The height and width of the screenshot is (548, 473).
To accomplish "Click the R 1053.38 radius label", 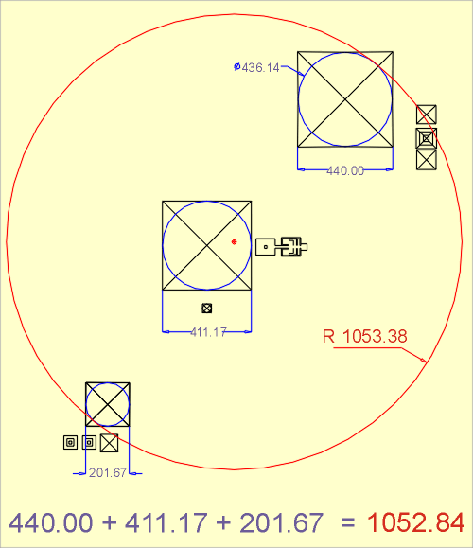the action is point(365,336).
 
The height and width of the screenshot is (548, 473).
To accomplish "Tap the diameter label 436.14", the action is point(260,67).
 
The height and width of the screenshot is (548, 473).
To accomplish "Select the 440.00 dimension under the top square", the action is point(345,171).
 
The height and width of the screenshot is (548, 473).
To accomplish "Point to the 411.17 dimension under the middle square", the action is point(208,332).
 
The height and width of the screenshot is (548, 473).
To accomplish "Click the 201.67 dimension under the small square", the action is point(107,473).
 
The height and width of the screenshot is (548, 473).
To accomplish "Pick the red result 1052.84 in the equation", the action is point(415,522).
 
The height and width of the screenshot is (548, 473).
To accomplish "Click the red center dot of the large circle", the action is point(234,242).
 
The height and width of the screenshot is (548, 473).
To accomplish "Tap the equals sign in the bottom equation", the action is point(347,523).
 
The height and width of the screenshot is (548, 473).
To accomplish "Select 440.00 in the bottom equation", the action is point(51,522).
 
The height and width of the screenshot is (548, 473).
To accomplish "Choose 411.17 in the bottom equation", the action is point(166,522).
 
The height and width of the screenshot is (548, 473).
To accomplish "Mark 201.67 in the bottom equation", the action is point(282,522).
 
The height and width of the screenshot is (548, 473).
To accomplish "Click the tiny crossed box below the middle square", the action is point(207,309).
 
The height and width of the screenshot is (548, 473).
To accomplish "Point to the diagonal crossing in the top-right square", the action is point(345,99).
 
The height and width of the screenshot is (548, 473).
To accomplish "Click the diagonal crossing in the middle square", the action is point(207,245).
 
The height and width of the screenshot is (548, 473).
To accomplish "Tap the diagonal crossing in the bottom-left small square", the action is point(108,404).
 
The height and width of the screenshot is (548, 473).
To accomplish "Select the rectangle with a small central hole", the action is point(266,247).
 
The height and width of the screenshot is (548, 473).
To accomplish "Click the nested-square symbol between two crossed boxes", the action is point(427,138).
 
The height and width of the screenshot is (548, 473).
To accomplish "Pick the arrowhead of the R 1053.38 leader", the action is point(425,361).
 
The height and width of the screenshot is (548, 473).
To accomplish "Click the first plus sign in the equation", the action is point(110,523).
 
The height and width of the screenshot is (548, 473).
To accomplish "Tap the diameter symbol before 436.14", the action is point(237,66).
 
